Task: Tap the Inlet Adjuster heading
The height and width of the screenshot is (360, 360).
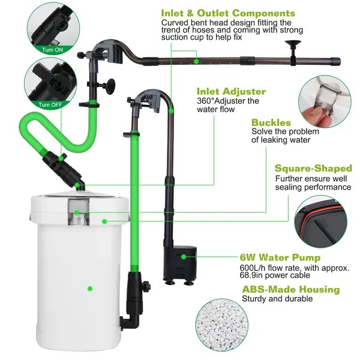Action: click(x=231, y=91)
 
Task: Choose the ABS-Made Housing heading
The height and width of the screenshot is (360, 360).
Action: click(x=290, y=289)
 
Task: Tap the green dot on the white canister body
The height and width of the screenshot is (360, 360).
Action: click(x=90, y=288)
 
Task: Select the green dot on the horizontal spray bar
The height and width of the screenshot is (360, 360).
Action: click(x=197, y=60)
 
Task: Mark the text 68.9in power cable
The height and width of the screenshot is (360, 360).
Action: click(x=280, y=277)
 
